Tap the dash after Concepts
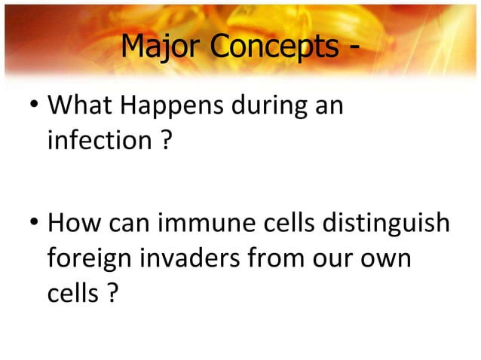[x=352, y=51]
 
